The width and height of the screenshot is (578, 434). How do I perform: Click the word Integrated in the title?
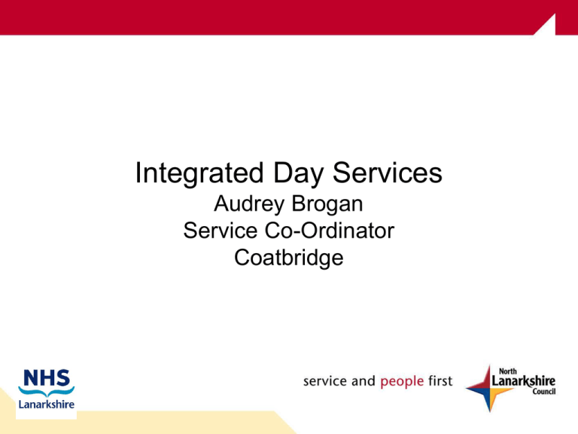click(199, 173)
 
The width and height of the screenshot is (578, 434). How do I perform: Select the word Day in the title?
click(298, 173)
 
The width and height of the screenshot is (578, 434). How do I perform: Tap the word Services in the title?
click(388, 173)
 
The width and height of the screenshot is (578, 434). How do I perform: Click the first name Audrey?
click(249, 204)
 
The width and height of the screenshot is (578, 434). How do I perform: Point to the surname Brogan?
click(327, 204)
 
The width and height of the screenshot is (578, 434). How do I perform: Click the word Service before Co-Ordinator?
click(221, 231)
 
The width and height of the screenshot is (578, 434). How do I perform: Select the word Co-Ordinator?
click(330, 231)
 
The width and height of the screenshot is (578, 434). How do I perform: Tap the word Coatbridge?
click(289, 258)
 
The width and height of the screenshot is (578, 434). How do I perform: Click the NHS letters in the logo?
click(47, 378)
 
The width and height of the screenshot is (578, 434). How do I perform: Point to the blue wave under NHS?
click(47, 391)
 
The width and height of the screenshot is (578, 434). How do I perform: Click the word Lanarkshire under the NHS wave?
click(47, 405)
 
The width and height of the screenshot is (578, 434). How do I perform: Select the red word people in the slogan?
click(402, 381)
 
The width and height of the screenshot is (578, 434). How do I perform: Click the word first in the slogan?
click(440, 381)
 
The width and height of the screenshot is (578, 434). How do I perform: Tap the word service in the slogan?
click(325, 381)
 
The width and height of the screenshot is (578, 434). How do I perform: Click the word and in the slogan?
click(363, 381)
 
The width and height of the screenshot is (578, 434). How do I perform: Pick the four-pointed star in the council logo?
click(489, 389)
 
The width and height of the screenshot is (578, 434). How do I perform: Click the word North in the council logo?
click(507, 371)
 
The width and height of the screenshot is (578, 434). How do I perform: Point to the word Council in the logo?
click(543, 391)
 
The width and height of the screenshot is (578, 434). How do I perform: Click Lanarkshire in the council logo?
click(524, 381)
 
